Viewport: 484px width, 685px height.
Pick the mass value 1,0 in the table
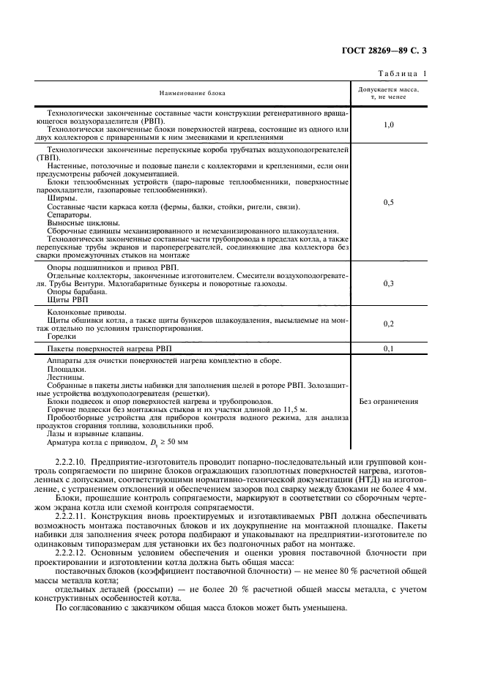click(389, 125)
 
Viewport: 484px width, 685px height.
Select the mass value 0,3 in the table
click(389, 283)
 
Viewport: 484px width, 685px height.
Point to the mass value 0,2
click(389, 323)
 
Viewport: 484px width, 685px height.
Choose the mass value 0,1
click(389, 349)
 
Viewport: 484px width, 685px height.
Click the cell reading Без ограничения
click(389, 401)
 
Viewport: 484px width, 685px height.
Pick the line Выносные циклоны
click(79, 225)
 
